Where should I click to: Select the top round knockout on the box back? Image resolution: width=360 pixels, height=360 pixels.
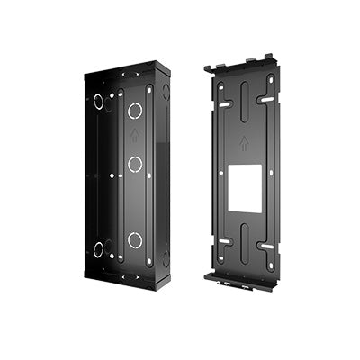tap(135, 112)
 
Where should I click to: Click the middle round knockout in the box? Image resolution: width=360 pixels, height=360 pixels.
tap(135, 165)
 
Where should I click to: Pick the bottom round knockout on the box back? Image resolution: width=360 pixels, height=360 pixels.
tap(135, 239)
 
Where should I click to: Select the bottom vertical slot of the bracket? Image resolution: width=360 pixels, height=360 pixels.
tap(242, 256)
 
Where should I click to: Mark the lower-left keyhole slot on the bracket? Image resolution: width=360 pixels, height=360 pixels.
tap(224, 240)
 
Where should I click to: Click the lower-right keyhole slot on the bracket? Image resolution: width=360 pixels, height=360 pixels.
tap(266, 246)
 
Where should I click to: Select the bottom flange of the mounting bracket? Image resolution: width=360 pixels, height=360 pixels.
tap(241, 280)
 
